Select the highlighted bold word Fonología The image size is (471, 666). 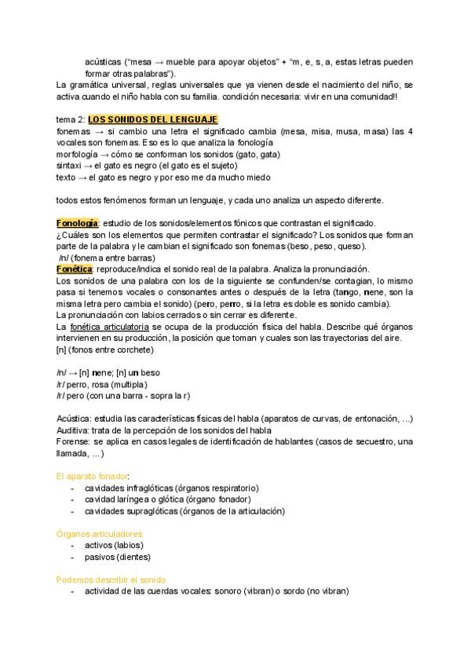(77, 223)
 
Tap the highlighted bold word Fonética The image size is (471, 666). (74, 268)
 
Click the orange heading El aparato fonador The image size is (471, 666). (93, 476)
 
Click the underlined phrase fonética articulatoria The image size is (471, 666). (111, 325)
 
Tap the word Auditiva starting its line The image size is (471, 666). (73, 430)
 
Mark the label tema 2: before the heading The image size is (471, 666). (71, 119)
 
